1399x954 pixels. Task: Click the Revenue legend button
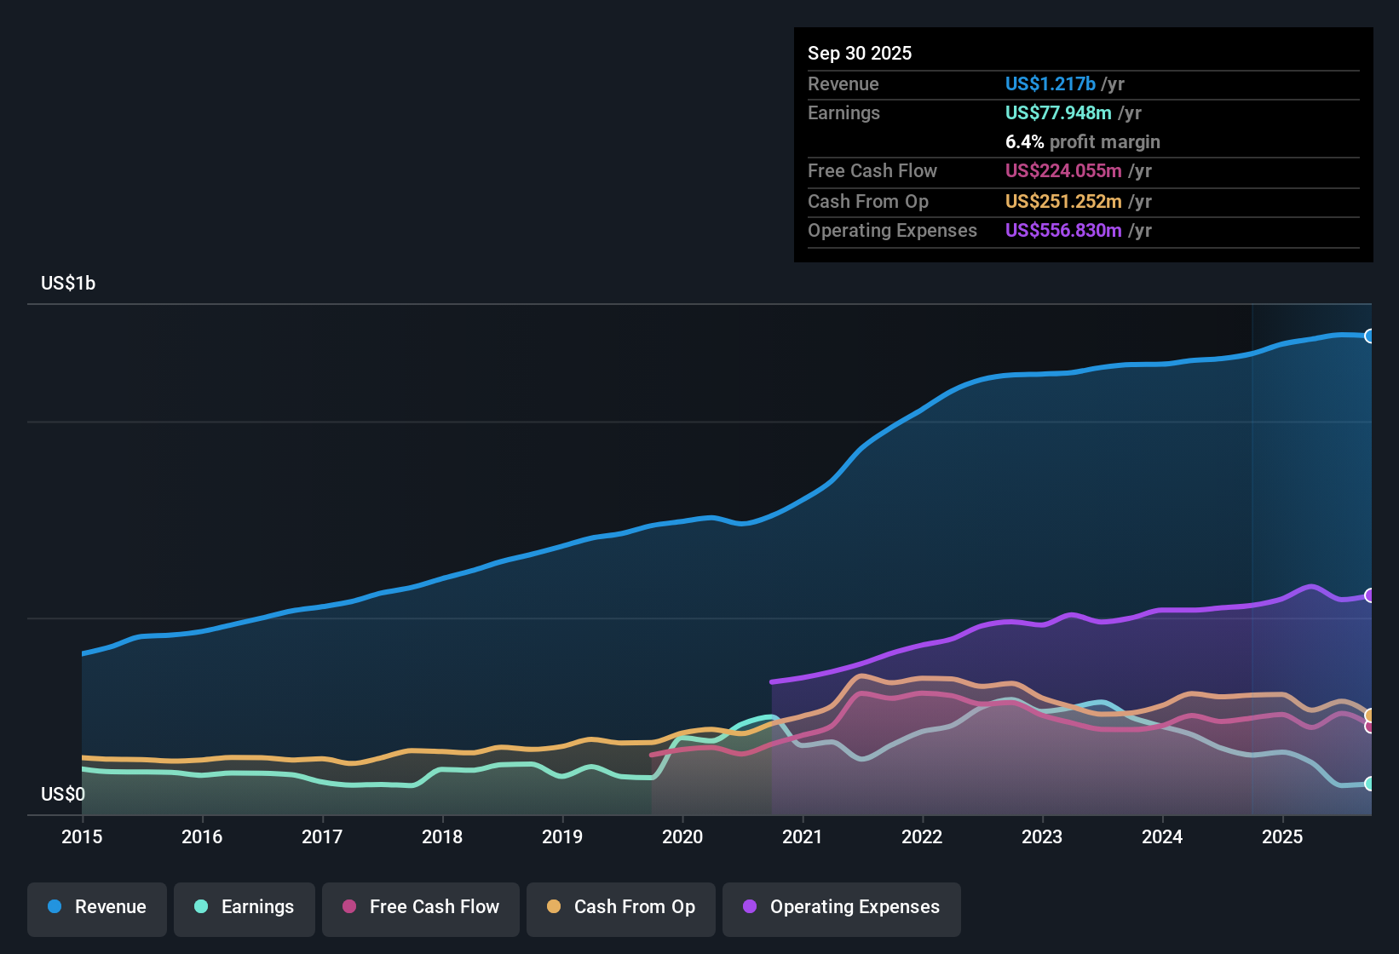(x=97, y=907)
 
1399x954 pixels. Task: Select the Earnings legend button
(x=245, y=907)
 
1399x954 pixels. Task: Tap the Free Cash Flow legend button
(x=421, y=907)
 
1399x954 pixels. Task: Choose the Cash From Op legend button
(x=621, y=907)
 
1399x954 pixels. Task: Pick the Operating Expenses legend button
(x=842, y=907)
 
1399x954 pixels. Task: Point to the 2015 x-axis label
(x=82, y=837)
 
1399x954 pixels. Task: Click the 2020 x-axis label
(x=682, y=837)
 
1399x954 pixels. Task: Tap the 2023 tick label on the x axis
(x=1042, y=837)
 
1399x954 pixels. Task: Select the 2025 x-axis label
(x=1282, y=837)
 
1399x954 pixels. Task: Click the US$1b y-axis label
(x=68, y=284)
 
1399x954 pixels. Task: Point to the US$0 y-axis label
(x=63, y=795)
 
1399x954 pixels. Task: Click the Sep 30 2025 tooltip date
(x=860, y=54)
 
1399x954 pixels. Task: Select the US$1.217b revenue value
(x=1050, y=84)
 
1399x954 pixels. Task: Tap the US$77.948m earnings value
(x=1058, y=113)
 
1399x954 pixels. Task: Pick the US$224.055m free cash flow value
(x=1062, y=171)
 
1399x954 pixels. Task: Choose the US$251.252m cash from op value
(x=1062, y=202)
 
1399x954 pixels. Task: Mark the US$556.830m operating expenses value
(x=1062, y=231)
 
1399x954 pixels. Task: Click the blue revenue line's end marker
(x=1369, y=336)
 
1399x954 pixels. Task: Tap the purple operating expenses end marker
(x=1369, y=595)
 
